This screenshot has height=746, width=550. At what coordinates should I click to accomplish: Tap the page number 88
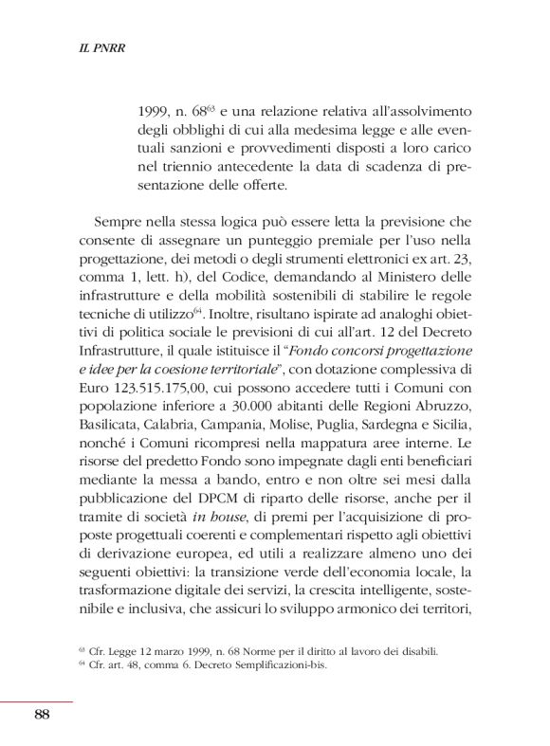click(41, 715)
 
